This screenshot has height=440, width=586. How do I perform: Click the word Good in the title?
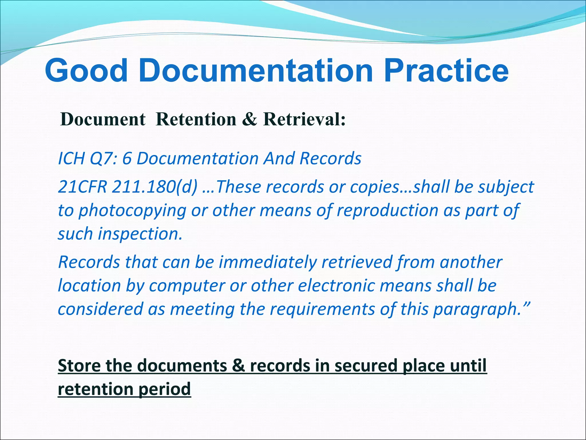(86, 70)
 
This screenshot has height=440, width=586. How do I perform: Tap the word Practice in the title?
(446, 70)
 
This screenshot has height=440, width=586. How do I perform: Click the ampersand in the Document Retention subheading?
(250, 119)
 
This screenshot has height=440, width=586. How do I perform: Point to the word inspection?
(140, 234)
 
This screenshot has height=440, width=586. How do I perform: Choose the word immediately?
(268, 262)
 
